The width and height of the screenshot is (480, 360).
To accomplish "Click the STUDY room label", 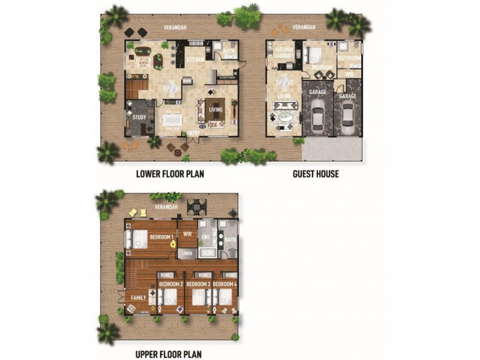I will pos(139,118).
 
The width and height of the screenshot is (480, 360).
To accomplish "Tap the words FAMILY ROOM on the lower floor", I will pos(143,62).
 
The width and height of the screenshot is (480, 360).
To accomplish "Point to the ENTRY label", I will pos(194,133).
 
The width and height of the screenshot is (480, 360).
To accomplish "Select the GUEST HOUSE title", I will pos(316,174).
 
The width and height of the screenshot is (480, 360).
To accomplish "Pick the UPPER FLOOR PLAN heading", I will pos(169,354).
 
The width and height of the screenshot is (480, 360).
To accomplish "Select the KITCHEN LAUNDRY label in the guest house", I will pos(284,53).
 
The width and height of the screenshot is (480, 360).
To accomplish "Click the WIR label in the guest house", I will pos(348,74).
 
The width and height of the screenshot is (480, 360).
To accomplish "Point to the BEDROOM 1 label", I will pos(161,237).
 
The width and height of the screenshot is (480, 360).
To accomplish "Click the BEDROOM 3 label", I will pos(198,284).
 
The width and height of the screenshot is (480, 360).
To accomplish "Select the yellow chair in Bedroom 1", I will pos(172,244).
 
